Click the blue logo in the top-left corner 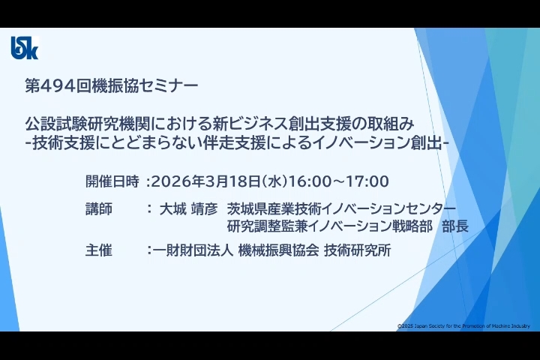pyautogui.click(x=25, y=48)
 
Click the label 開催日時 pyautogui.click(x=112, y=181)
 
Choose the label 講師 pyautogui.click(x=99, y=209)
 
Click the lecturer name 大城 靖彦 pyautogui.click(x=188, y=209)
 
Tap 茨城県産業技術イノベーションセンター pyautogui.click(x=341, y=208)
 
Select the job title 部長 pyautogui.click(x=455, y=226)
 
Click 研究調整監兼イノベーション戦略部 pyautogui.click(x=329, y=226)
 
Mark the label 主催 pyautogui.click(x=99, y=250)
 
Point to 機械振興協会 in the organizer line pyautogui.click(x=278, y=250)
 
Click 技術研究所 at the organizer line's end pyautogui.click(x=358, y=250)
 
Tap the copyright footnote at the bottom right pyautogui.click(x=464, y=326)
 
